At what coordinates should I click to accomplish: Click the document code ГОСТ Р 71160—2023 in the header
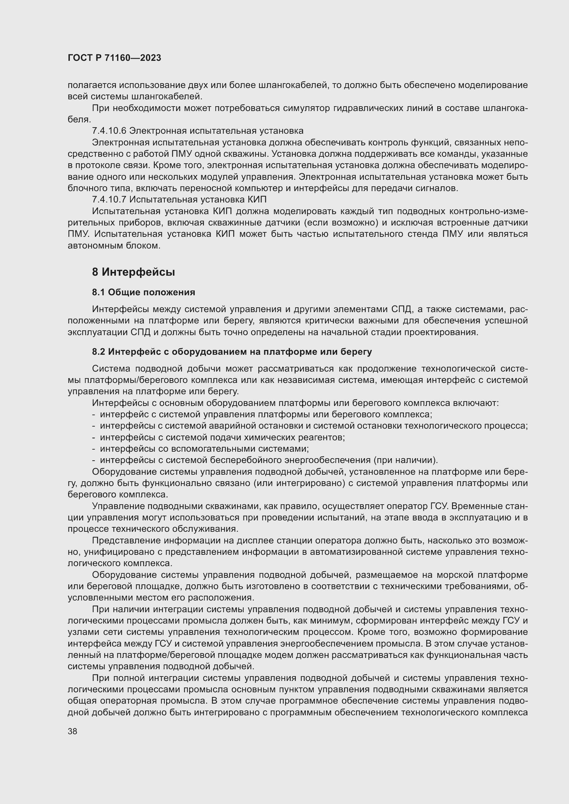(114, 58)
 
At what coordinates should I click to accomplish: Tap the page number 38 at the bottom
(72, 731)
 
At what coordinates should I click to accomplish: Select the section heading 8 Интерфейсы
(133, 272)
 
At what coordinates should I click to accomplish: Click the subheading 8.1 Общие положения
(143, 292)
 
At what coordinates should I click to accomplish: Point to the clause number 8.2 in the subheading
(98, 352)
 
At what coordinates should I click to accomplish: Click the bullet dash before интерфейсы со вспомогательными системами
(94, 449)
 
